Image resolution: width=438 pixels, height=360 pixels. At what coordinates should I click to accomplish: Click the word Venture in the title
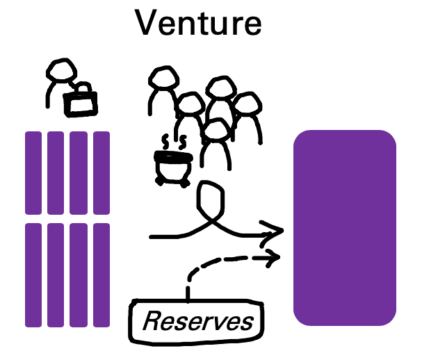coord(198,23)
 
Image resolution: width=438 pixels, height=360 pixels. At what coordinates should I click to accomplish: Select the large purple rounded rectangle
coord(345,227)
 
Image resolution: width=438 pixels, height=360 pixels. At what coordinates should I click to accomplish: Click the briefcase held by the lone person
coord(81,101)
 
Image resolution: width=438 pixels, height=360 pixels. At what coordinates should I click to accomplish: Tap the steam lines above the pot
coord(174,142)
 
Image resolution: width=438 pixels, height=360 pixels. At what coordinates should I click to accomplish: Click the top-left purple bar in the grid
coord(33,172)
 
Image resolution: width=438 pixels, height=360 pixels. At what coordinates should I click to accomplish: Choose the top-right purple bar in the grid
coord(102,172)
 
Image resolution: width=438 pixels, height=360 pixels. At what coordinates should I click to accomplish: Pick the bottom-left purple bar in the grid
coord(33,275)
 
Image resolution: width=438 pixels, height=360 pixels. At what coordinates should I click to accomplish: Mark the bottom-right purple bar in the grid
coord(102,275)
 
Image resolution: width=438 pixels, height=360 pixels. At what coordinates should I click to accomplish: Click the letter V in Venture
coord(147,23)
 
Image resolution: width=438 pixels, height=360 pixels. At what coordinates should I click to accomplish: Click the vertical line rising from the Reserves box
coord(188,291)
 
